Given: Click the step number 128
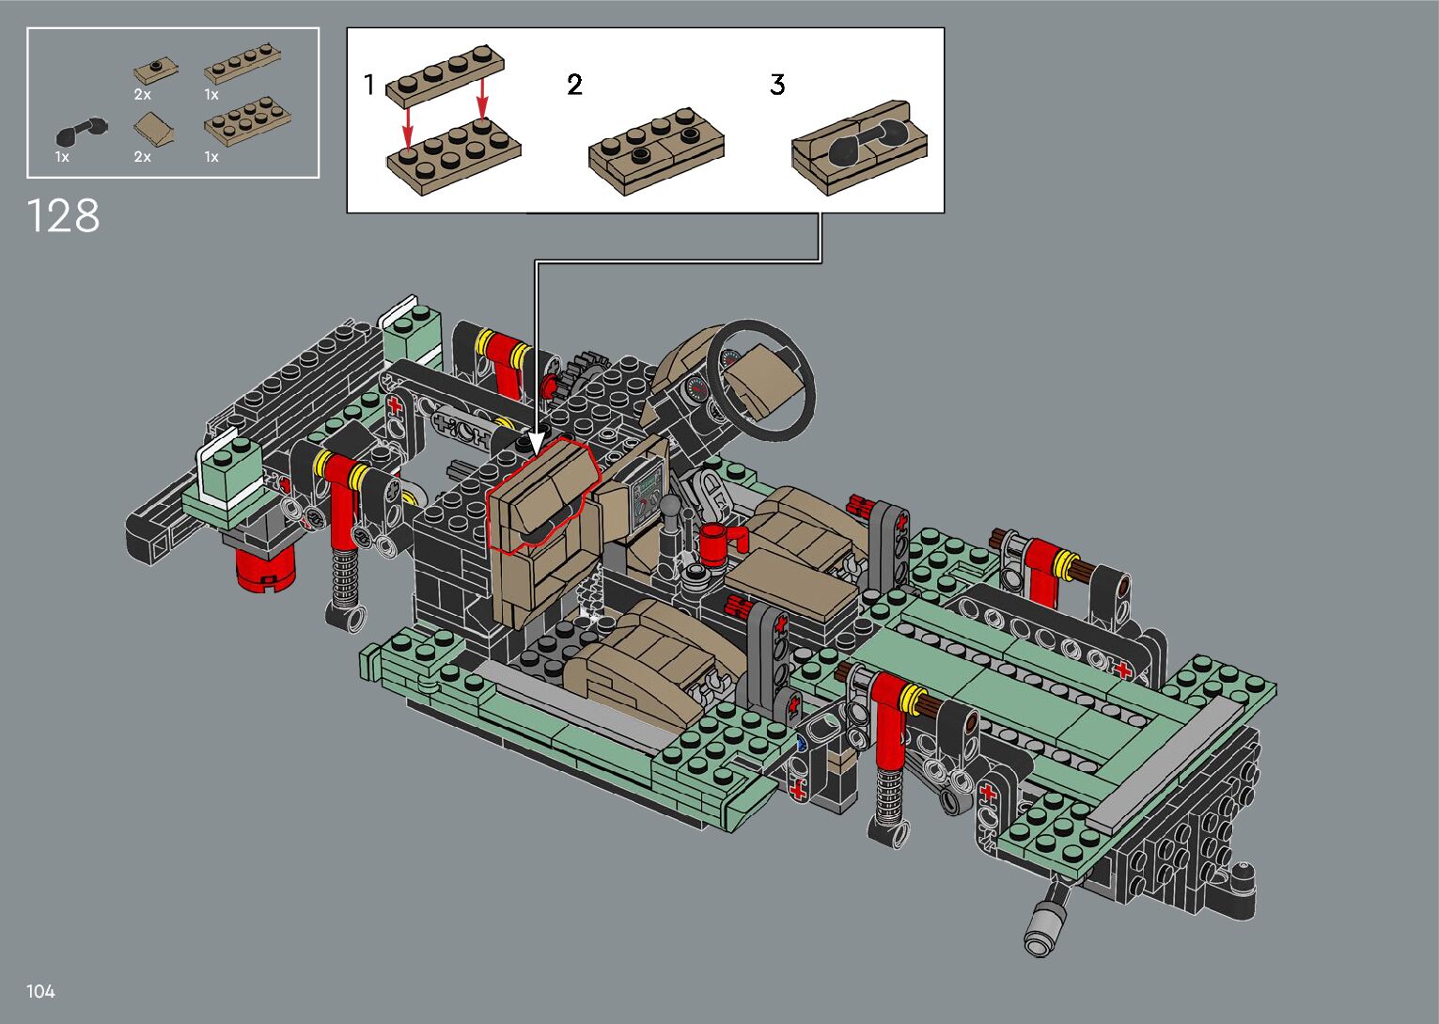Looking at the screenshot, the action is (63, 215).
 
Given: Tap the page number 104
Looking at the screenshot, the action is (40, 991).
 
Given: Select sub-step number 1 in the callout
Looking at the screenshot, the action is (368, 85).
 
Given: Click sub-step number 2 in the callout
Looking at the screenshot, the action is (574, 85).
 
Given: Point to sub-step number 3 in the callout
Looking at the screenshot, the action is (777, 85).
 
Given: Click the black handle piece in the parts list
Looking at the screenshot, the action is (82, 131).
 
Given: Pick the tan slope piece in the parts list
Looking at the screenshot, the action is (154, 129).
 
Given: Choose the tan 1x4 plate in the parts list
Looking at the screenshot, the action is (242, 64).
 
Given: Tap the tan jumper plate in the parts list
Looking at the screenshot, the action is (155, 71).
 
